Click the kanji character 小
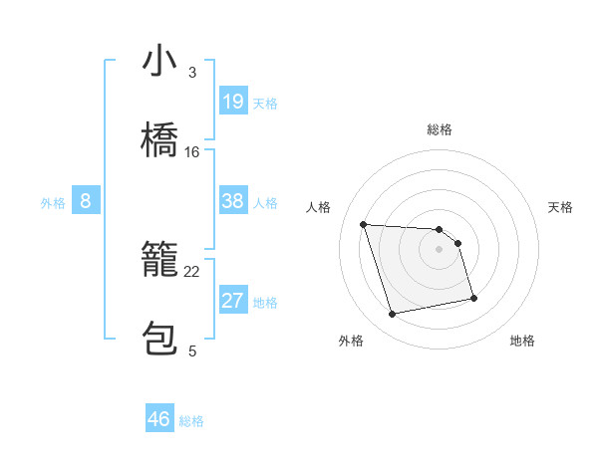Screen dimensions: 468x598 (160, 63)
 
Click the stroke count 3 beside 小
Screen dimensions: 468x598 (191, 73)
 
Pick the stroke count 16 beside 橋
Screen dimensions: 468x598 (192, 152)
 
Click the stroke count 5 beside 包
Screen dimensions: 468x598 (191, 351)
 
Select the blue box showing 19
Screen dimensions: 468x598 (233, 102)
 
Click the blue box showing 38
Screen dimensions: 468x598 (233, 201)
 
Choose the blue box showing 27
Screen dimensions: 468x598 (233, 301)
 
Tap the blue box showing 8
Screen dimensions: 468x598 (86, 201)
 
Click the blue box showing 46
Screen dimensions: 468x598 (159, 419)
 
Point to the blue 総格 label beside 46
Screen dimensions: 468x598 (191, 421)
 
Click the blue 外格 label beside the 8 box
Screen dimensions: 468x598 (53, 203)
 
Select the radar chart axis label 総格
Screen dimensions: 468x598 (440, 129)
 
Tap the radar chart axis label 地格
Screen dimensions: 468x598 (522, 342)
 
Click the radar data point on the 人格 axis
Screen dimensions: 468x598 (364, 224)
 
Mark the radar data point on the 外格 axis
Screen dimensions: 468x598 (393, 315)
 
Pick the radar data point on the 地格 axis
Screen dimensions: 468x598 (473, 298)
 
